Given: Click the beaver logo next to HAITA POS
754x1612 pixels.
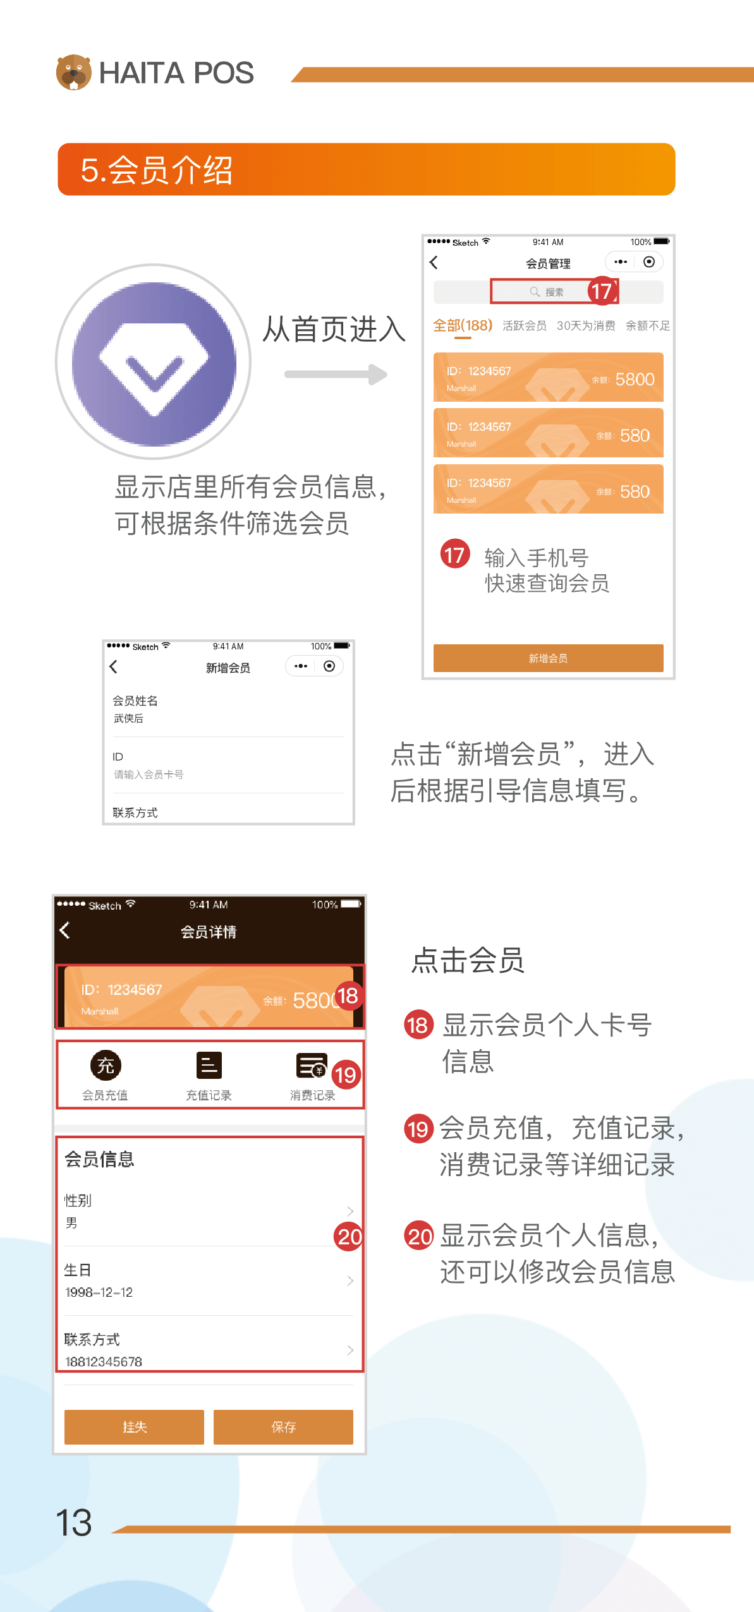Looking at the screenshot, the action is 73,72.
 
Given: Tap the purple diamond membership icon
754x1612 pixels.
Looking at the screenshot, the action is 154,362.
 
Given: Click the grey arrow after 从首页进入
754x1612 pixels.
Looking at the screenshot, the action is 336,374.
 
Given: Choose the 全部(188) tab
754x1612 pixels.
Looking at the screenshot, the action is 463,325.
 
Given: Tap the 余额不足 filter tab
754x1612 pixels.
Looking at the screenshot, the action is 648,325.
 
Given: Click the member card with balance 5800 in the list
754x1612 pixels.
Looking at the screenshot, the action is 548,377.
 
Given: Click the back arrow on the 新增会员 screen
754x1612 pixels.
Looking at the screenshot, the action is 114,666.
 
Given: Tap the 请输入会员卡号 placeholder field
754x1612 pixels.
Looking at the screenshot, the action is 149,774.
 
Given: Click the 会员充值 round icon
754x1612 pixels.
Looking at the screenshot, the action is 106,1066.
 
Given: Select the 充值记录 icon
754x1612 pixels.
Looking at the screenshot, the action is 209,1066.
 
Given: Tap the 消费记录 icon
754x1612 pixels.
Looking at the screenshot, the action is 312,1066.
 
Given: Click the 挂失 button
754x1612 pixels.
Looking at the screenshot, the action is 134,1427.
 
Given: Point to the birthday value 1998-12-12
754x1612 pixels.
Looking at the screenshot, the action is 99,1292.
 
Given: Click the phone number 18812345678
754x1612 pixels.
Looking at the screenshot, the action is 104,1362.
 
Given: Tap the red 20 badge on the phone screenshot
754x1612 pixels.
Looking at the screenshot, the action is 349,1237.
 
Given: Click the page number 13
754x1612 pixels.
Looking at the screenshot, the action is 74,1523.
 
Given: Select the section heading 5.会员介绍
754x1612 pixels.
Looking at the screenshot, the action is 157,170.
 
